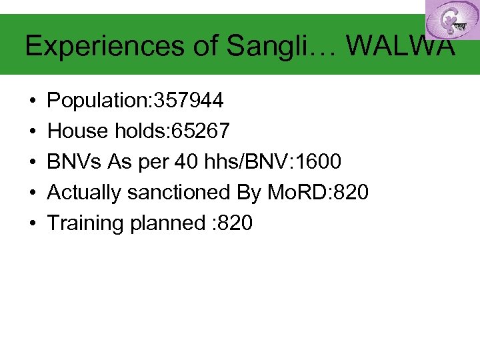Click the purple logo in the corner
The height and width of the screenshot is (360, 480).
pos(451,19)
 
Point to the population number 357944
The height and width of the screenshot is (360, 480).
pos(189,101)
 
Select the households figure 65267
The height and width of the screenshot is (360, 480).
pos(201,131)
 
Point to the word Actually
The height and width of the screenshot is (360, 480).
pos(85,193)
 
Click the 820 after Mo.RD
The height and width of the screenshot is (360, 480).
pos(351,193)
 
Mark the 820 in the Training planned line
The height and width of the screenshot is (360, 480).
pos(235,223)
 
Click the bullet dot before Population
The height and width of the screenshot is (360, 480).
pos(32,101)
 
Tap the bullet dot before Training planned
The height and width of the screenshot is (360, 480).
pos(32,224)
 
